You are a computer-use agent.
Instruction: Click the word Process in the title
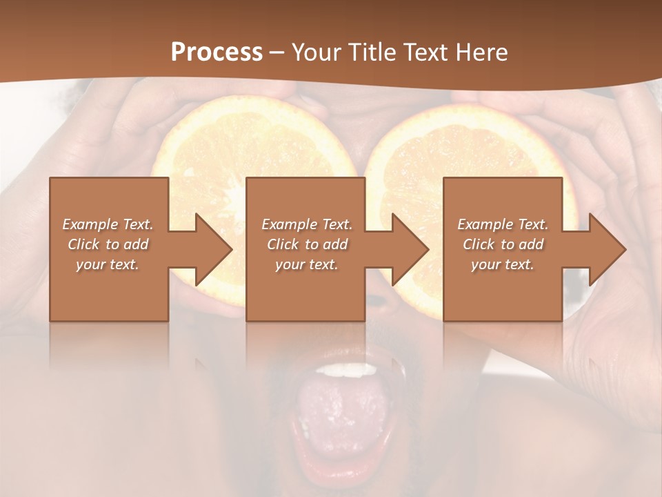pyautogui.click(x=217, y=52)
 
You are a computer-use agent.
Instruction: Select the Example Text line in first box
pyautogui.click(x=108, y=224)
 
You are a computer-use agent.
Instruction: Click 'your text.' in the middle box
pyautogui.click(x=306, y=264)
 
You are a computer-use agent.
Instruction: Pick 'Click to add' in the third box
pyautogui.click(x=503, y=244)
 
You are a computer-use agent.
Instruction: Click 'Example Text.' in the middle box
pyautogui.click(x=306, y=224)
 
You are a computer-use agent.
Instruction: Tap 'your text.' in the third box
pyautogui.click(x=503, y=264)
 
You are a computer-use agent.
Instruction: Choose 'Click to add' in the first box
pyautogui.click(x=108, y=244)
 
